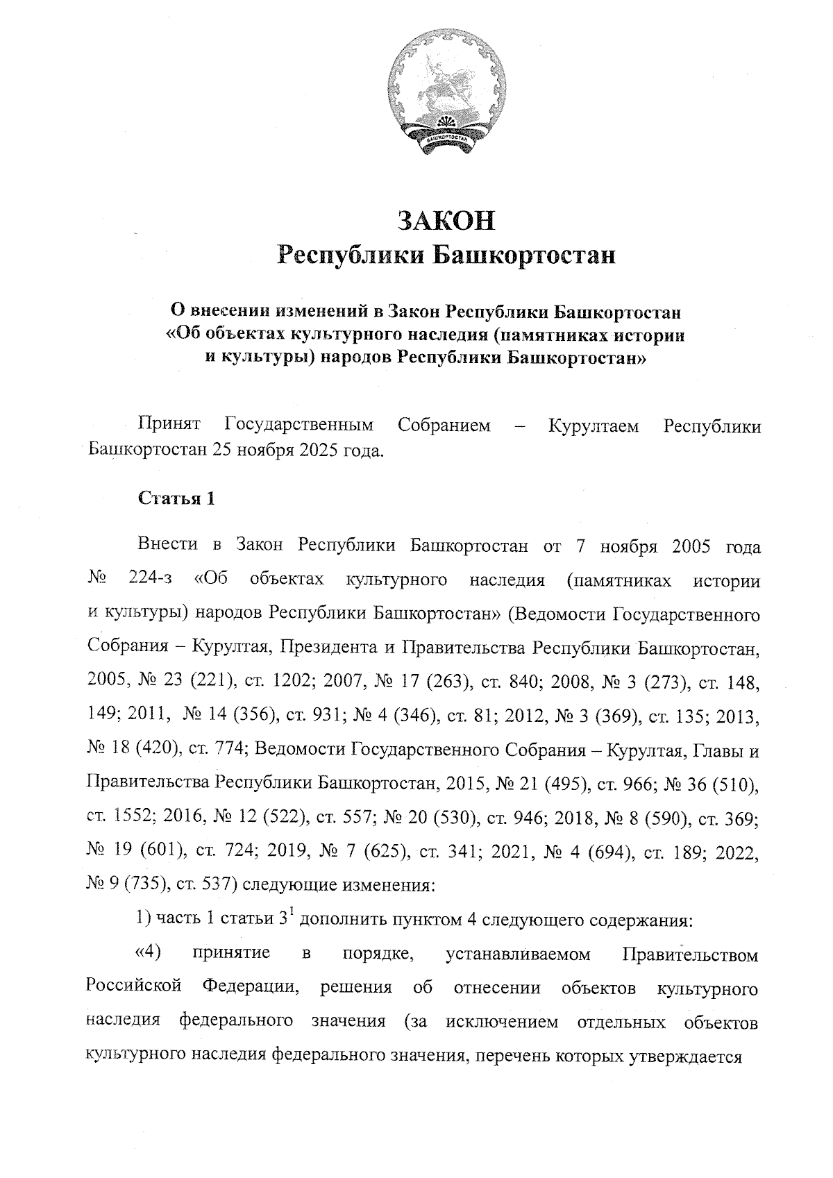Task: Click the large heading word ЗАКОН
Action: click(x=446, y=221)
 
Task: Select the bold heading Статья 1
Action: click(x=176, y=499)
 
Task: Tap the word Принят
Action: click(x=170, y=425)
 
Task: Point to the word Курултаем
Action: click(x=594, y=425)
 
